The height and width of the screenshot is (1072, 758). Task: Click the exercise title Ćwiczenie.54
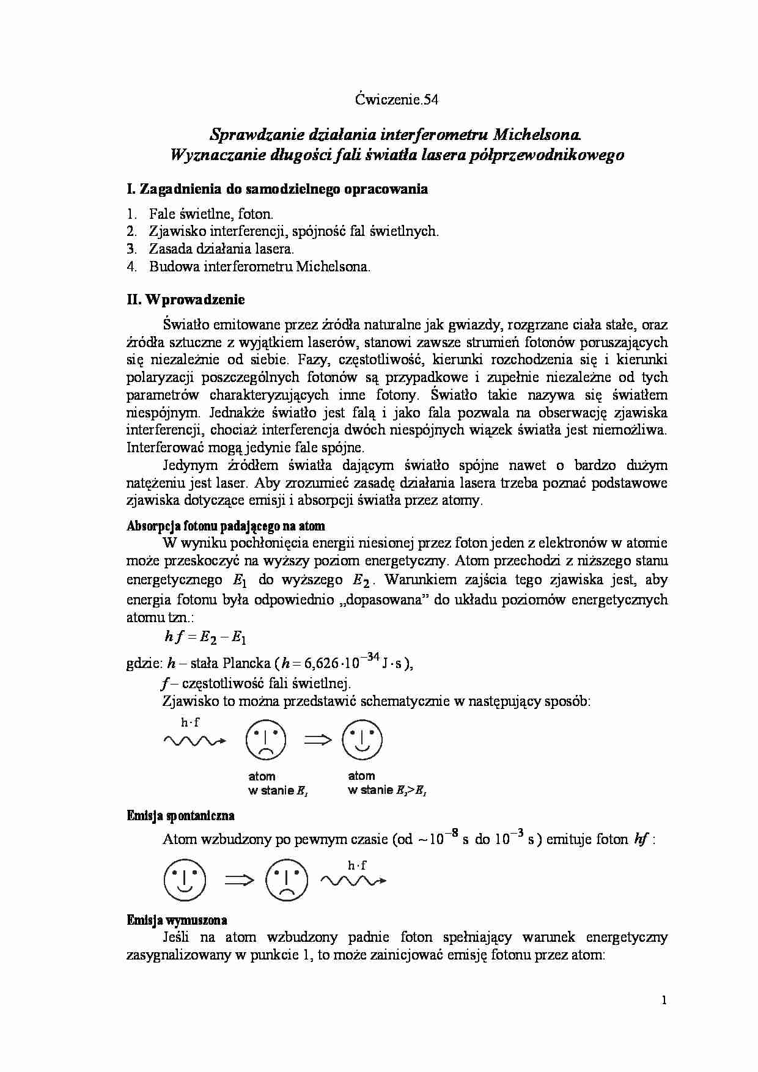click(397, 100)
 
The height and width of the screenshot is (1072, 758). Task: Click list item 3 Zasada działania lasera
click(221, 249)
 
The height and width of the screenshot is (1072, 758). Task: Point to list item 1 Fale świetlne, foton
click(210, 213)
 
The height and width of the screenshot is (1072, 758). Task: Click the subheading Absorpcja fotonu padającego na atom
click(226, 526)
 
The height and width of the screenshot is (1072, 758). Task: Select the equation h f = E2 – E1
click(205, 637)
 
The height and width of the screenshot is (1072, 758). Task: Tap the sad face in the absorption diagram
click(265, 741)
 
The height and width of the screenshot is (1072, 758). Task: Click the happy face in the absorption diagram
click(362, 739)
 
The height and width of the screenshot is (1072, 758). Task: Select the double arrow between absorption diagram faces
click(317, 740)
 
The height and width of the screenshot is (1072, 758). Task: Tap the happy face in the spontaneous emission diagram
click(185, 881)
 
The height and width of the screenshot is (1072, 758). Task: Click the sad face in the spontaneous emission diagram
click(285, 881)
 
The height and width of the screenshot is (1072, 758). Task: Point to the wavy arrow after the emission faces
click(353, 880)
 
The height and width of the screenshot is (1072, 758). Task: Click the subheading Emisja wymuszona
click(177, 920)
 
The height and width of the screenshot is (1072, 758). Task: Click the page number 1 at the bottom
click(664, 1000)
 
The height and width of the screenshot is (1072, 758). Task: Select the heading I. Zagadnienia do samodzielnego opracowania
click(277, 189)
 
